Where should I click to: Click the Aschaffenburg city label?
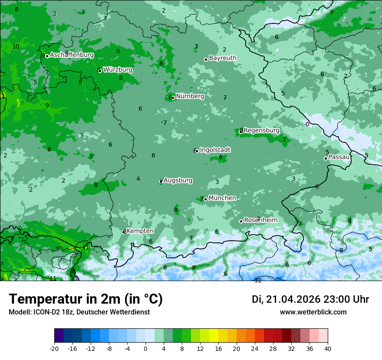(x=72, y=55)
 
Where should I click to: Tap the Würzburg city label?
(x=118, y=70)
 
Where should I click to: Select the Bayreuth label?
(x=223, y=58)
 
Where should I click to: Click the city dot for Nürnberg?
(x=173, y=98)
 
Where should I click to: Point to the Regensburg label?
(x=261, y=130)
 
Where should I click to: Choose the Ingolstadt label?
(x=215, y=150)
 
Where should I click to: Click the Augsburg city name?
(x=178, y=180)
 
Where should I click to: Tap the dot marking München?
(x=205, y=199)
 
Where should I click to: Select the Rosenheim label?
(x=260, y=220)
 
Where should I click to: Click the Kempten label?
(x=140, y=231)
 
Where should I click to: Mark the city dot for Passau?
(x=326, y=158)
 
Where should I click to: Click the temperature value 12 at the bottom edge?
(x=258, y=280)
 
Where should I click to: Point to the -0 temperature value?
(x=306, y=124)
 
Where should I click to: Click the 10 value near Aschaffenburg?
(x=16, y=46)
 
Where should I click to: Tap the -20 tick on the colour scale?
(x=54, y=348)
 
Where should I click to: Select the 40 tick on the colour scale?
(x=327, y=348)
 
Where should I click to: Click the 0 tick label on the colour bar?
(x=145, y=348)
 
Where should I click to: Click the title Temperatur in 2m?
(x=86, y=299)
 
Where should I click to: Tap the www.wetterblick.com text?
(x=313, y=312)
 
